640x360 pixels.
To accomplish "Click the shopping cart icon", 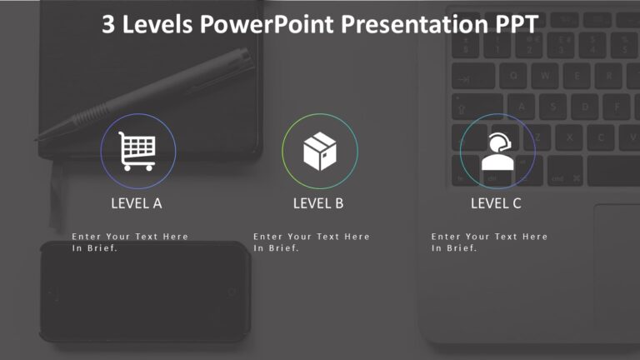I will [x=137, y=151].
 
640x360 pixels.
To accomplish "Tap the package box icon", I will [x=319, y=152].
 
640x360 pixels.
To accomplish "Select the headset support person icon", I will [x=497, y=152].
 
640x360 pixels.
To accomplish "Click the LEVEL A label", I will [x=137, y=202].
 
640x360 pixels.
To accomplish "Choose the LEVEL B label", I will [x=318, y=202].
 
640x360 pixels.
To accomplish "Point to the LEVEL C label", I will [x=496, y=202].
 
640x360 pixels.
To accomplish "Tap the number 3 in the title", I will [x=108, y=25].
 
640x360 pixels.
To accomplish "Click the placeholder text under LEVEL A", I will [x=130, y=242].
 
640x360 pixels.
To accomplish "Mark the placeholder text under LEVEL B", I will [x=312, y=242].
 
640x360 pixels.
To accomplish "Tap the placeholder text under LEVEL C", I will [x=490, y=242].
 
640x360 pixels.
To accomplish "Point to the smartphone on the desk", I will [x=146, y=292].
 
